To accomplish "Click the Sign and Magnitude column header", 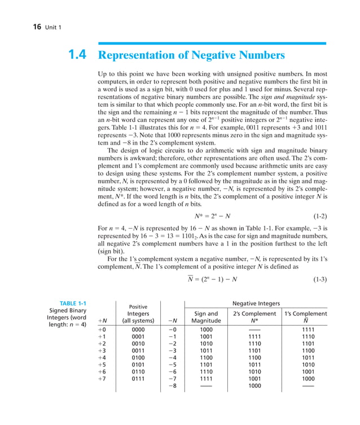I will tap(206, 317).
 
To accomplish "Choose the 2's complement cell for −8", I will tap(254, 387).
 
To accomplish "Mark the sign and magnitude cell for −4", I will tap(206, 356).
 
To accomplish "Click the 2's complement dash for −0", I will tap(254, 329).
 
